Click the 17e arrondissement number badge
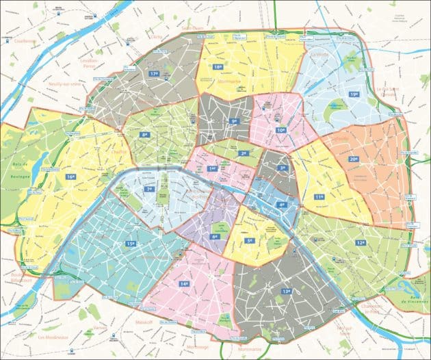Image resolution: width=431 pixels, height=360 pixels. click(154, 73)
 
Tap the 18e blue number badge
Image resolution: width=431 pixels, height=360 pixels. click(218, 67)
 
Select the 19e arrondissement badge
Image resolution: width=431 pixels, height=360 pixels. click(354, 94)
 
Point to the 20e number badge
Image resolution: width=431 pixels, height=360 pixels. click(354, 159)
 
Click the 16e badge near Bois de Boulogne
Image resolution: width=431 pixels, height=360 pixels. click(70, 177)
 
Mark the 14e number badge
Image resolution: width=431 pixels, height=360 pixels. click(184, 283)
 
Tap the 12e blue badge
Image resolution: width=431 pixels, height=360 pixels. click(360, 242)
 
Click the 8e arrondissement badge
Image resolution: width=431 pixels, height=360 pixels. click(144, 135)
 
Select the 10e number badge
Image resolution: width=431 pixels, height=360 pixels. click(281, 129)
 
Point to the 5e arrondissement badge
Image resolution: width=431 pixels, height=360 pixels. click(250, 240)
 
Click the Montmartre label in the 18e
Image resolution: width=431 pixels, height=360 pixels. click(217, 81)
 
